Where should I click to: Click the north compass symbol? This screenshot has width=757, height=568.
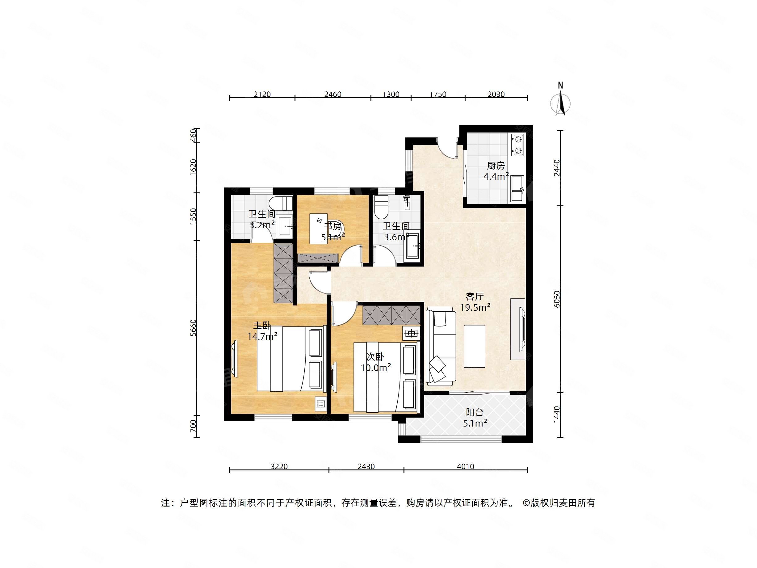point(560,102)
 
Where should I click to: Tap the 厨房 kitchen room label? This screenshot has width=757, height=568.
point(496,166)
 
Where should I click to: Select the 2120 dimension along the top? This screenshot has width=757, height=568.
point(262,94)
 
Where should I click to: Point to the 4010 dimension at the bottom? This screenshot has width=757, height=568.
point(466,466)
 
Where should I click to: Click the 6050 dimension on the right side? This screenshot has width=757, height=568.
point(557,299)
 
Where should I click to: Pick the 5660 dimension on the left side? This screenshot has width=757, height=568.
point(194,328)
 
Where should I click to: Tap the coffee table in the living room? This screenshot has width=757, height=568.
point(474,346)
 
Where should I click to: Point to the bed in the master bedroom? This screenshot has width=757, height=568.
point(290,359)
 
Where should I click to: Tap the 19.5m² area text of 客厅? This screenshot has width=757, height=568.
point(475,307)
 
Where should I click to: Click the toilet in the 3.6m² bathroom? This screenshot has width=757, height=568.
point(381,208)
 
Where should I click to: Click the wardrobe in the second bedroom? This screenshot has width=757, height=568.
point(391,315)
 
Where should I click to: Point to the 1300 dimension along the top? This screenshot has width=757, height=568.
point(391,94)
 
